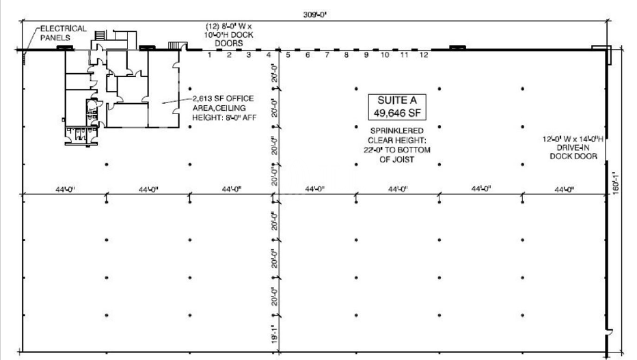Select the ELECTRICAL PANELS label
click(62, 33)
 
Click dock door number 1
click(210, 55)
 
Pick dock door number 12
click(424, 55)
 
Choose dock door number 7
click(327, 55)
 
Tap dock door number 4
click(269, 55)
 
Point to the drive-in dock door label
click(573, 148)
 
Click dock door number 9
click(366, 55)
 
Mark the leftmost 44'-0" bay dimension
click(65, 189)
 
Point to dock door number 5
click(288, 55)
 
